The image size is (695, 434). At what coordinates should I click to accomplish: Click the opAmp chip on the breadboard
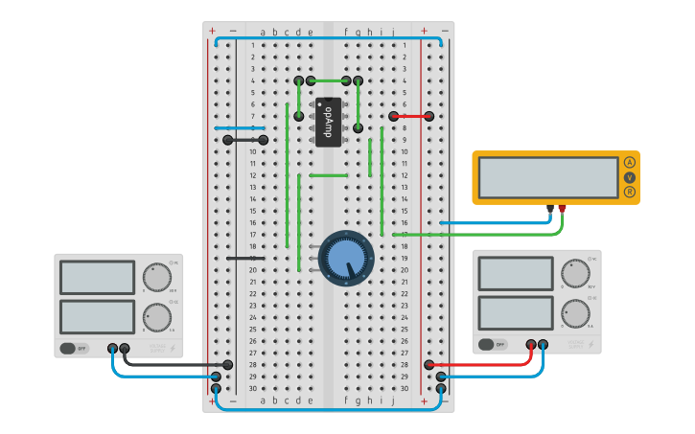[x=328, y=122]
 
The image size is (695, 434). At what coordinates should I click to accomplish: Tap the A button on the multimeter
[x=629, y=162]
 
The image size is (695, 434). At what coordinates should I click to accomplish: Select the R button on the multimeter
[x=629, y=192]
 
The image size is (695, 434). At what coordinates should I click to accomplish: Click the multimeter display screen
[x=547, y=177]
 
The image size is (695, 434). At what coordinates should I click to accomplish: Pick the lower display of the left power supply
[x=97, y=315]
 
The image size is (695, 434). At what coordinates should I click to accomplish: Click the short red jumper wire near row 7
[x=411, y=116]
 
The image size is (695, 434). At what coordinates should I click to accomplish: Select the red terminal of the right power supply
[x=531, y=344]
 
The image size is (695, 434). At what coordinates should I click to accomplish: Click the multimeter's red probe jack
[x=562, y=208]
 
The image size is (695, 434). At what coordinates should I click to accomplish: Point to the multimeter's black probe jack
[x=549, y=208]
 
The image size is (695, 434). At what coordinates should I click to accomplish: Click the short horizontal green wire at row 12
[x=328, y=175]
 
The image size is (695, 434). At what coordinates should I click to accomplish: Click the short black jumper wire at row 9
[x=245, y=140]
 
